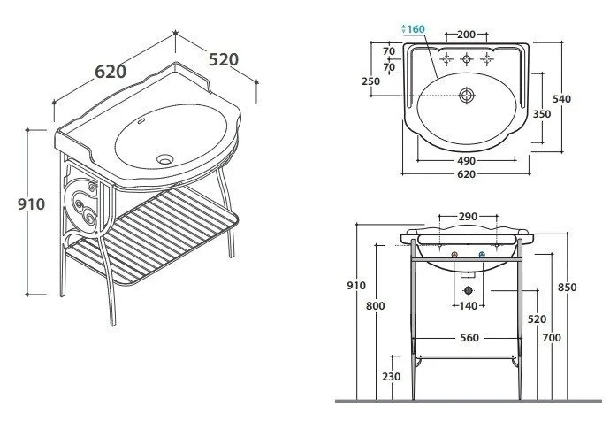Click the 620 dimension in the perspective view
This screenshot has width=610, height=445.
point(111,72)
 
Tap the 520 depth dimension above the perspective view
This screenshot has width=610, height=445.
point(224,59)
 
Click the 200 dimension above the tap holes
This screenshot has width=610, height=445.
point(466,35)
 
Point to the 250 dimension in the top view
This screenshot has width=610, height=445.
point(370,81)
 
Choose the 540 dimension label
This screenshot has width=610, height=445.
point(561,99)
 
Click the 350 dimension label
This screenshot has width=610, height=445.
point(542,114)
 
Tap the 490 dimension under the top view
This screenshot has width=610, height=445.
point(466,161)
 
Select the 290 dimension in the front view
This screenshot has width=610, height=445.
point(468,217)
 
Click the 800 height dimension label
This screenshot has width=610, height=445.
point(376,305)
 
